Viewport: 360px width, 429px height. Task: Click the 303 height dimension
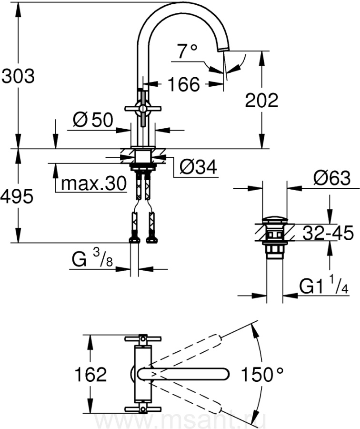pos(18,76)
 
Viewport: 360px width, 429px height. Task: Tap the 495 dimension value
pos(17,196)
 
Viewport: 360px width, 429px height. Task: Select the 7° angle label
pos(187,51)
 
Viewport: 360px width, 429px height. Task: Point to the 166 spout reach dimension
pos(184,84)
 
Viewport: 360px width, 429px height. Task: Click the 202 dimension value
pos(261,100)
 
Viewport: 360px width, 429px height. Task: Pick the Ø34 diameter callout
pos(199,167)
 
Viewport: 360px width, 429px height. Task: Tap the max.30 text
pos(94,184)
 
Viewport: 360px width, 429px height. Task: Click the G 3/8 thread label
pos(92,258)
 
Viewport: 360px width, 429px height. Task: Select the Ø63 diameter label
pos(332,178)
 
